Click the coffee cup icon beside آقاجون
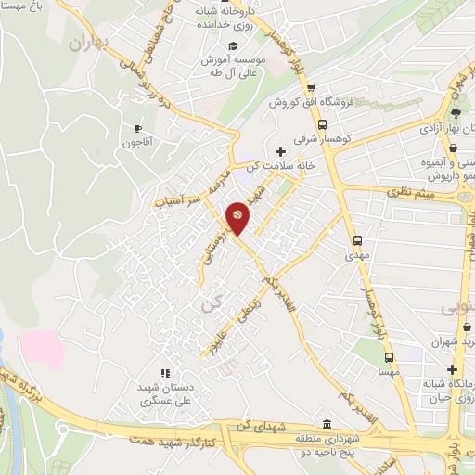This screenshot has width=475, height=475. (x=137, y=128)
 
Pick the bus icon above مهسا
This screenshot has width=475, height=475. (x=389, y=357)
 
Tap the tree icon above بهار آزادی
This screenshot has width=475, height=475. (x=454, y=113)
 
